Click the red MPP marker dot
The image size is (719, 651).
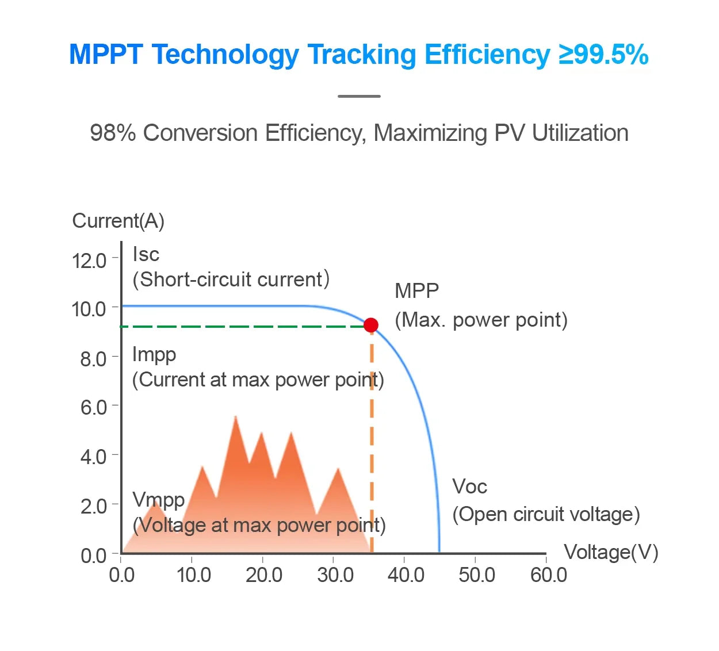click(x=371, y=325)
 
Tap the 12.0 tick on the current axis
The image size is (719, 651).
click(x=90, y=261)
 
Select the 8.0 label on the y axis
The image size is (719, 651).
click(x=93, y=359)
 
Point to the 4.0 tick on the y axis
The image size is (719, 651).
click(x=93, y=457)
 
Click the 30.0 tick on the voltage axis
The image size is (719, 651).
click(x=335, y=575)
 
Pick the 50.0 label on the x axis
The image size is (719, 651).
click(x=476, y=575)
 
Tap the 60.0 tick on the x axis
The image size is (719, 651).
click(x=548, y=575)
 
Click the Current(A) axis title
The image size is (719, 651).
click(x=118, y=221)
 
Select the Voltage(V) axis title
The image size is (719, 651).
click(x=611, y=552)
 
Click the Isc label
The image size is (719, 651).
click(x=146, y=254)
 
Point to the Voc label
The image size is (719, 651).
click(x=469, y=487)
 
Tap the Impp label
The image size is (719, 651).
click(x=154, y=354)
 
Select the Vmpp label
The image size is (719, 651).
click(x=158, y=499)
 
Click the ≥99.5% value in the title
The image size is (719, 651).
click(x=603, y=55)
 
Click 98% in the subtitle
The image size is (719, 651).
click(x=113, y=133)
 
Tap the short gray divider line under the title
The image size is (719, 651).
click(x=359, y=96)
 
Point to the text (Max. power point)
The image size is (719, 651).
click(x=481, y=320)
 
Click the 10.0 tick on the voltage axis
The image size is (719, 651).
click(x=193, y=575)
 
